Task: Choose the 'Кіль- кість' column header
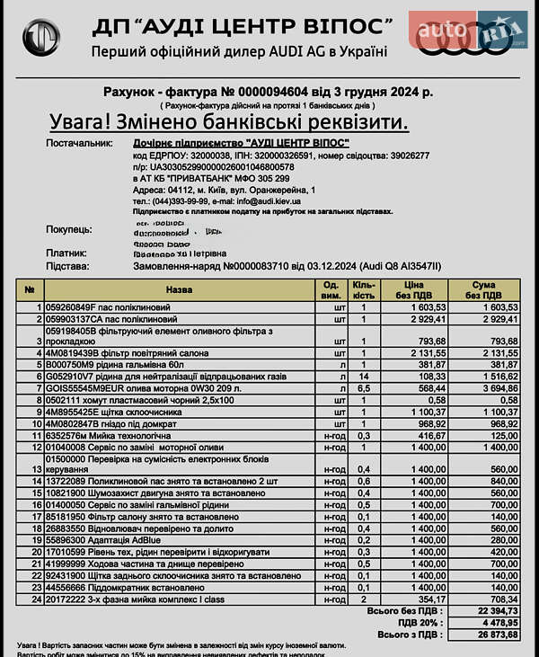pyautogui.click(x=363, y=290)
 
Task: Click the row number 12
pyautogui.click(x=37, y=446)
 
